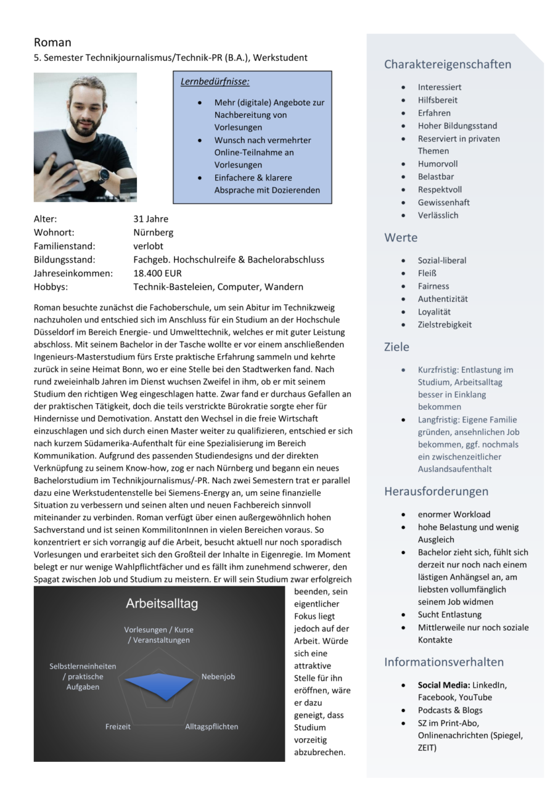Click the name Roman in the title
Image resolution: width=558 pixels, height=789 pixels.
click(x=52, y=43)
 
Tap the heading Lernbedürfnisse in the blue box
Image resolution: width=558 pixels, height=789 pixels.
click(x=215, y=81)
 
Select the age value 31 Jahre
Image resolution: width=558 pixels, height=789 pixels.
click(x=150, y=219)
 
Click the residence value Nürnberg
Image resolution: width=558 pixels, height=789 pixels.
click(x=153, y=232)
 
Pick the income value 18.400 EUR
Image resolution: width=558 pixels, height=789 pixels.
click(x=157, y=273)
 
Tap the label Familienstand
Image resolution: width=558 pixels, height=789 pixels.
click(x=64, y=246)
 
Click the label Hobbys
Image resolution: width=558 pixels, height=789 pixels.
click(x=51, y=287)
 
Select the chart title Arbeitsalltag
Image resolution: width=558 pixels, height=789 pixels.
click(x=162, y=603)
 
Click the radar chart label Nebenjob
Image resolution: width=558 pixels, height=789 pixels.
click(x=218, y=677)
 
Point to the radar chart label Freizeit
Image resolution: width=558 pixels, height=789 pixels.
click(x=118, y=727)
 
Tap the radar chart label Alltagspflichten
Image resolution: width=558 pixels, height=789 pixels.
click(x=211, y=727)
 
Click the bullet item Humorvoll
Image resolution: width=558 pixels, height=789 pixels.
click(x=438, y=164)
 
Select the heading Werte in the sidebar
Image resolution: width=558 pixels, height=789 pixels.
click(x=401, y=237)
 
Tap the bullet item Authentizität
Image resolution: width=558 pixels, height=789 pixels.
click(x=443, y=299)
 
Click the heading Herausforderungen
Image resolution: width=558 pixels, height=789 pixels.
click(x=436, y=491)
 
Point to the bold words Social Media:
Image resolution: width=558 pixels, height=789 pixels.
click(x=443, y=685)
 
